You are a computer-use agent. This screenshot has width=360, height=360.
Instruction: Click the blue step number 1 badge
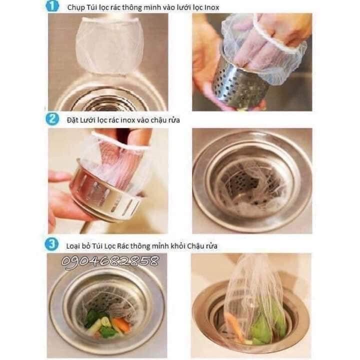52,6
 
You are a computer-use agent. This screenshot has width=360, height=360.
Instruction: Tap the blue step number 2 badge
52,119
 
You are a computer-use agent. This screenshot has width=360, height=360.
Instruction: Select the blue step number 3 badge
51,244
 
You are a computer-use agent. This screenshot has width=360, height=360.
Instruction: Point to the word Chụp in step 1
76,8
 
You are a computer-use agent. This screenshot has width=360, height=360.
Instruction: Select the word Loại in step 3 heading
73,246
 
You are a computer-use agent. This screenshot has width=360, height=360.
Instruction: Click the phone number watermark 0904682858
110,261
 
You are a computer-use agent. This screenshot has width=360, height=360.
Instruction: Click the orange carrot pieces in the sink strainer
122,323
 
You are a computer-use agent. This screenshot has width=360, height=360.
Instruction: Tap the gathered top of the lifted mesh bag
250,264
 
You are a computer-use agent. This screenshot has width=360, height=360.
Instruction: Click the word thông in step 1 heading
132,7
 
